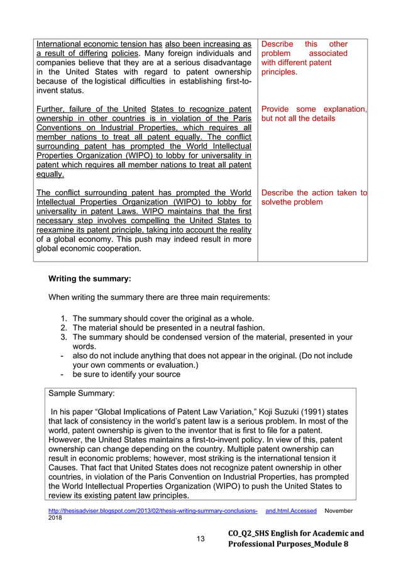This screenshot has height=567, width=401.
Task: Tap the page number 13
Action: pos(200,539)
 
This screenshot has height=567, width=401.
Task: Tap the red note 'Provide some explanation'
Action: pos(314,109)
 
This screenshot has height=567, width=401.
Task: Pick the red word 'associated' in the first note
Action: pos(328,53)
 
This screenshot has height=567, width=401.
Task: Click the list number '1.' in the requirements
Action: pos(64,319)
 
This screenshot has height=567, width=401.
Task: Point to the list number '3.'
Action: pos(64,337)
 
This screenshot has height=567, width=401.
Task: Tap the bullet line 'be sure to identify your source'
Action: pos(126,374)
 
